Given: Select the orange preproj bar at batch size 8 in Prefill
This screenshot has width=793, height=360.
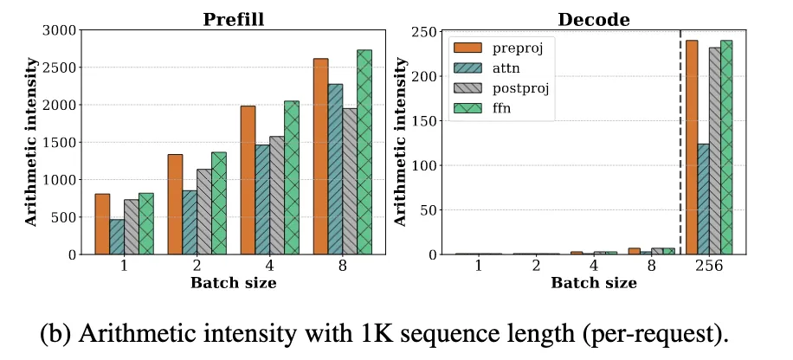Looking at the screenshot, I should pyautogui.click(x=320, y=156).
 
